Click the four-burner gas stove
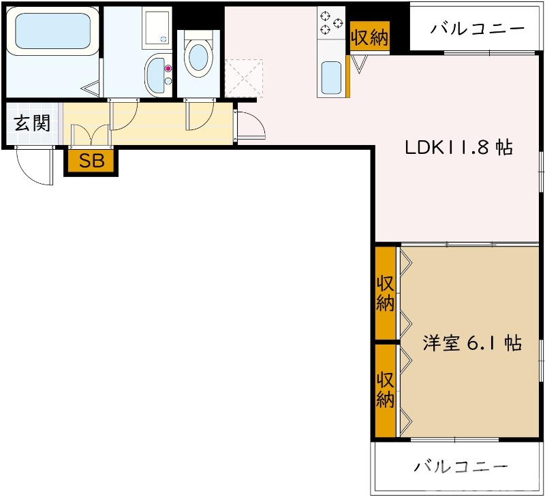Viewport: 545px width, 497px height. (331, 20)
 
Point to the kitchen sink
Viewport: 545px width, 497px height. (332, 77)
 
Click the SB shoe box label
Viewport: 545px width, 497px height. (91, 161)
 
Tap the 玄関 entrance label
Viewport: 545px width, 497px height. (32, 123)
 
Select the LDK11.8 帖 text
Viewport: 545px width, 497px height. (458, 148)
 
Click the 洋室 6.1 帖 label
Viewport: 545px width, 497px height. (471, 343)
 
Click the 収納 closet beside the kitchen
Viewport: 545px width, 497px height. (369, 37)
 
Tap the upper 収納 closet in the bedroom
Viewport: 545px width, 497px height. (386, 293)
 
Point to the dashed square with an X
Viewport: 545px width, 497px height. (244, 78)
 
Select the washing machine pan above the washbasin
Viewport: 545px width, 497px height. (157, 27)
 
